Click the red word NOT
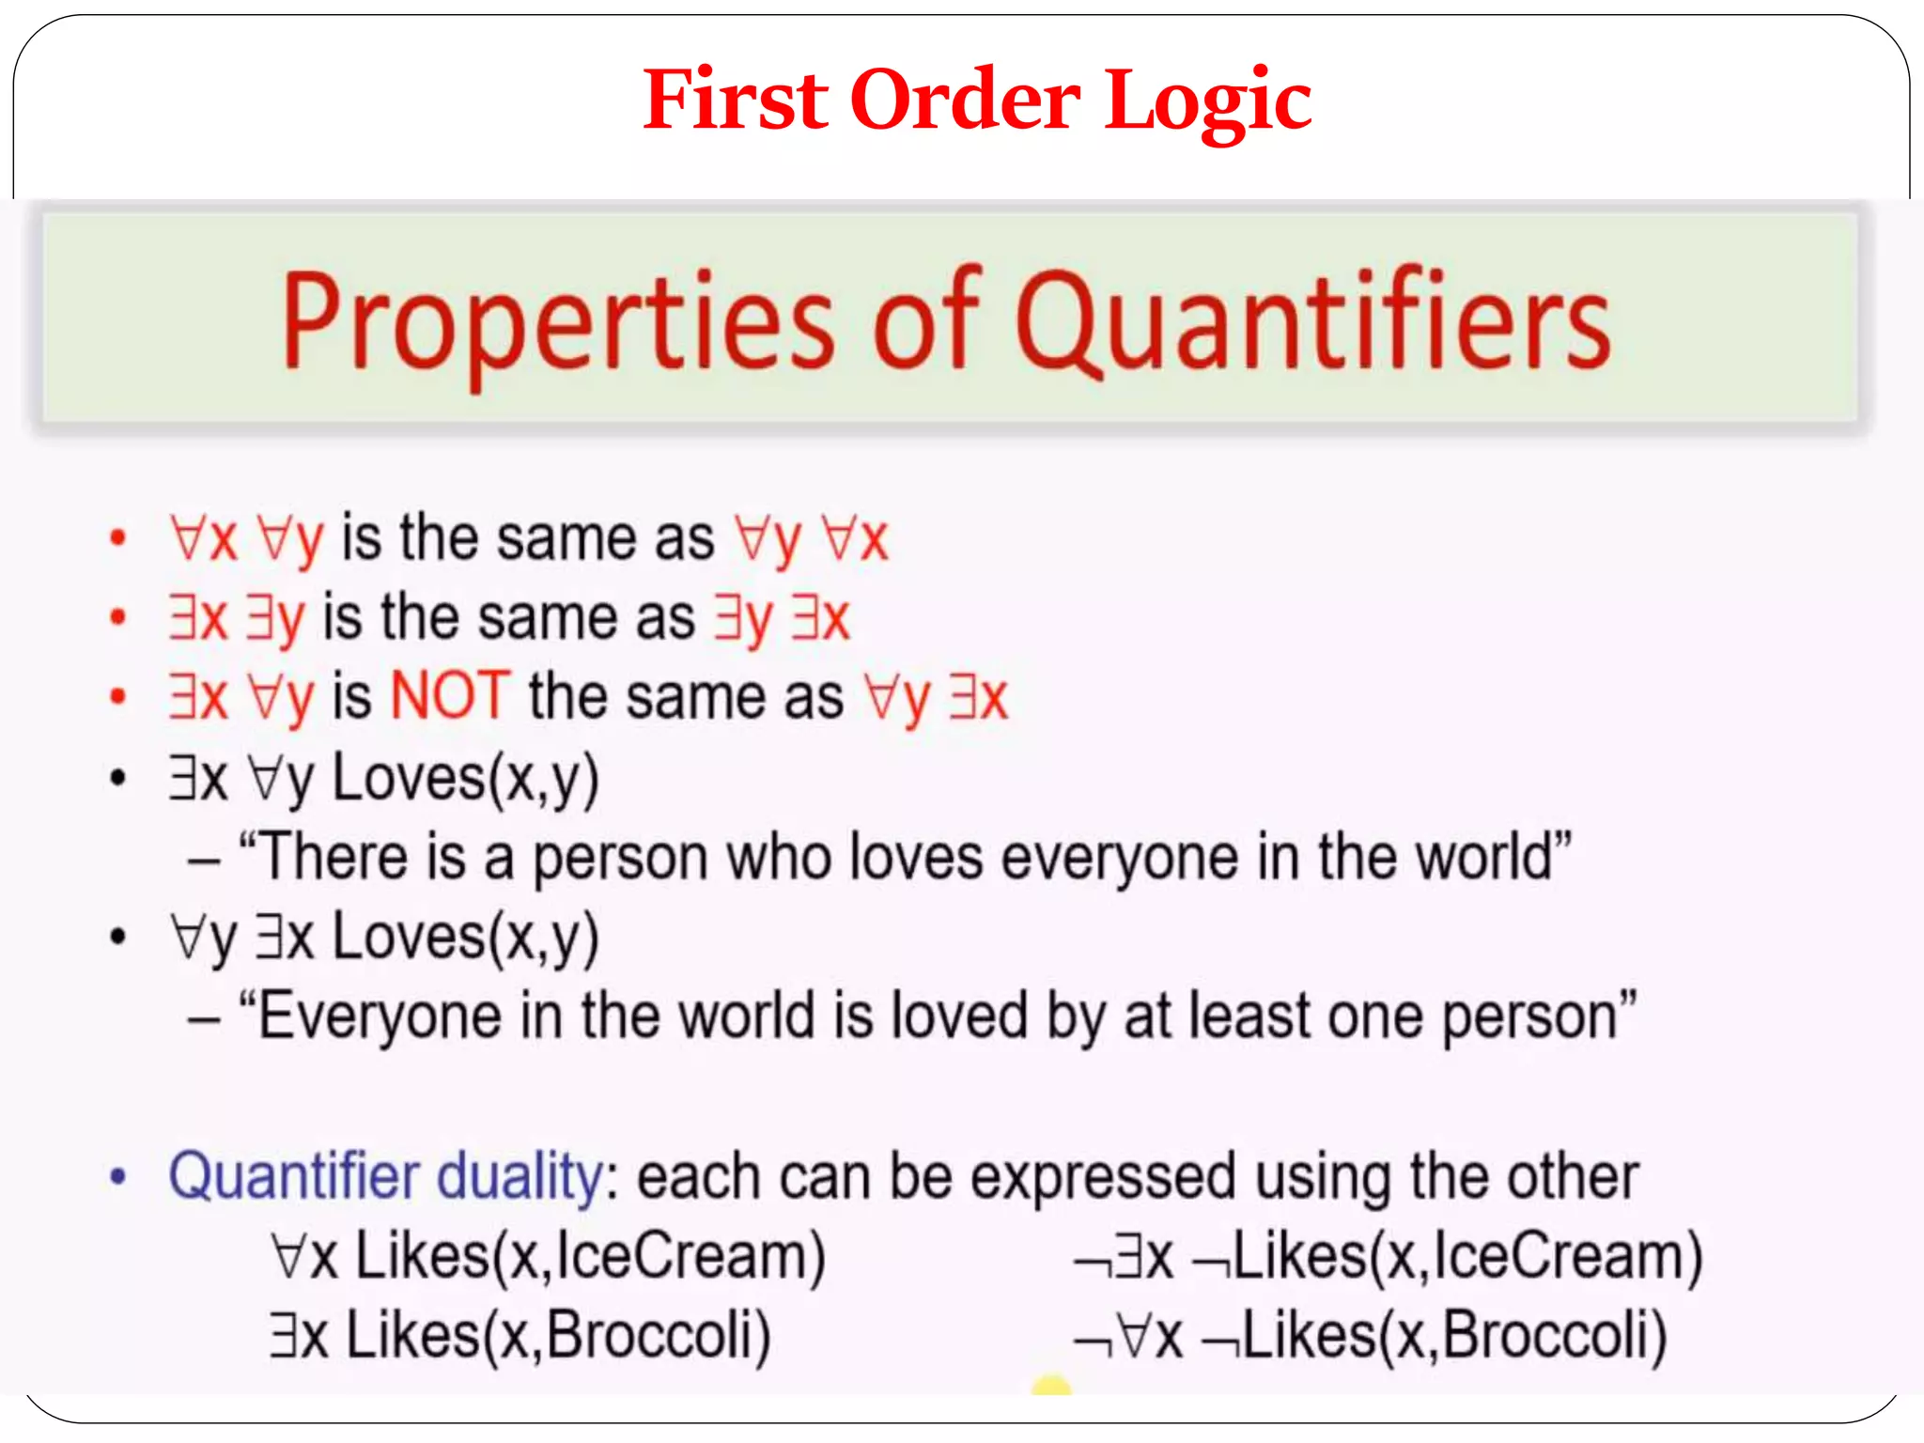[x=450, y=696]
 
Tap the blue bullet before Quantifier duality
[x=117, y=1177]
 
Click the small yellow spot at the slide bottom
[x=1050, y=1385]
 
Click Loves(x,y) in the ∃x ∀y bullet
[x=465, y=779]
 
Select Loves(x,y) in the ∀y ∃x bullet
[x=465, y=938]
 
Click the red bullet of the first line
[x=117, y=538]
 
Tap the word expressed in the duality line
[x=1102, y=1177]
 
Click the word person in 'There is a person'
[x=620, y=860]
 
